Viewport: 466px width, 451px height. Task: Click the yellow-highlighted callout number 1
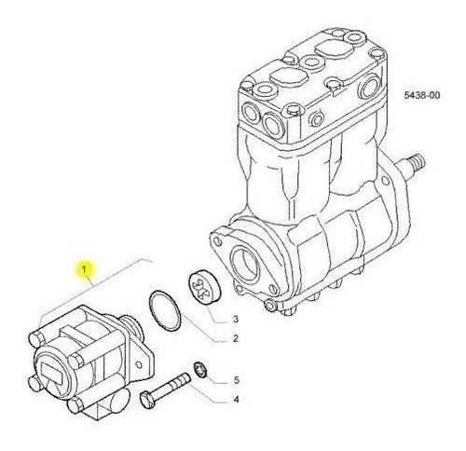point(84,269)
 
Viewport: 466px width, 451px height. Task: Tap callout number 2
point(236,338)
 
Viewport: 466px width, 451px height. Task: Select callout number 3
point(236,319)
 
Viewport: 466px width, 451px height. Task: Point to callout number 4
point(236,399)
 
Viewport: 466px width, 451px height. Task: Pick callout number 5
point(237,380)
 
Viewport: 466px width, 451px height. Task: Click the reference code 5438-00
point(422,95)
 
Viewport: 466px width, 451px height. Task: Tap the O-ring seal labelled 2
point(165,310)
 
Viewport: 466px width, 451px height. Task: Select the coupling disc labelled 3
point(204,287)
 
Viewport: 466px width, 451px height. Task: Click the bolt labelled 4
point(165,390)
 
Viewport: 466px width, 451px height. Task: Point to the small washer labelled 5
point(200,369)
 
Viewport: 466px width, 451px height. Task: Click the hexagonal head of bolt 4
point(147,400)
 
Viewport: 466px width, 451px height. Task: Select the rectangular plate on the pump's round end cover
point(52,373)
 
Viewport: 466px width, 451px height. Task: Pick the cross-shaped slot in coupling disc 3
point(199,288)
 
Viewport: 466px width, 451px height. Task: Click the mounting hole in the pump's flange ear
point(139,364)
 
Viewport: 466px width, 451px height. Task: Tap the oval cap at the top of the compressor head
point(335,50)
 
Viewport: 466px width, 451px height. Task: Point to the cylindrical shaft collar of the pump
point(132,328)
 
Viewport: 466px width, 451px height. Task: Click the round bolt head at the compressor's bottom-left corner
point(270,306)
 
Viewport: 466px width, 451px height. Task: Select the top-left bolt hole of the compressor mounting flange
point(218,241)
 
